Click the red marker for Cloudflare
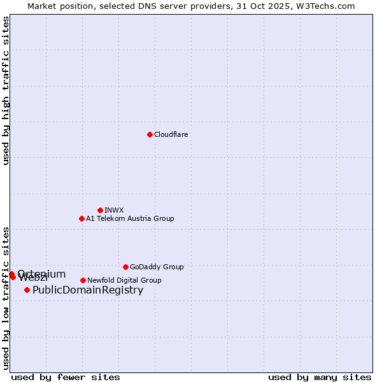click(150, 134)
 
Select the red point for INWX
click(100, 210)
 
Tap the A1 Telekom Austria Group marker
click(81, 218)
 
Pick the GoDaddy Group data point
click(125, 267)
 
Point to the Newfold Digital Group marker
click(83, 280)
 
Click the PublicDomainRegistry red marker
click(27, 290)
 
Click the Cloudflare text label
click(171, 134)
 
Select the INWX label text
click(114, 210)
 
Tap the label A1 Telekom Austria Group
click(130, 218)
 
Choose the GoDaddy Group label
click(157, 267)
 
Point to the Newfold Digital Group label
click(124, 280)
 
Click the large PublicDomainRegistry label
click(88, 290)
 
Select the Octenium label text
click(41, 274)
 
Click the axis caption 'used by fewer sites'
click(66, 377)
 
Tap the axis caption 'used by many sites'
click(320, 377)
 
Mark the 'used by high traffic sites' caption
click(6, 90)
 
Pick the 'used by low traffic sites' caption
click(6, 297)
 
